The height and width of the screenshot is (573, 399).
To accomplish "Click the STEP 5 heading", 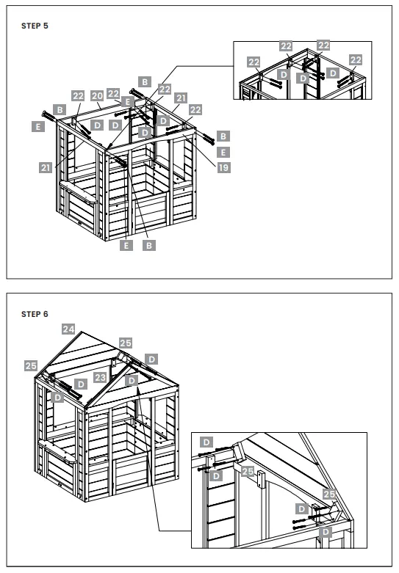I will (35, 25).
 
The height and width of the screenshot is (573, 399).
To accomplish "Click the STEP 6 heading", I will (35, 314).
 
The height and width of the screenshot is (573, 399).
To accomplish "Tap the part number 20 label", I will (97, 95).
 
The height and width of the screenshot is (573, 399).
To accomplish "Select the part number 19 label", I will (223, 167).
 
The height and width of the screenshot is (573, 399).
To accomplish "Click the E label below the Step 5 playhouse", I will (126, 245).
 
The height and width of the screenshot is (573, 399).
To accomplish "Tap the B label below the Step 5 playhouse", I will (149, 245).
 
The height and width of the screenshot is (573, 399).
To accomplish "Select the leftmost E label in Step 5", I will (38, 126).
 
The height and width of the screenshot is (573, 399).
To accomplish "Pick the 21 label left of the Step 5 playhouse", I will (46, 167).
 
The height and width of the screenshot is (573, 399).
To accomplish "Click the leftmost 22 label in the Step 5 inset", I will (254, 62).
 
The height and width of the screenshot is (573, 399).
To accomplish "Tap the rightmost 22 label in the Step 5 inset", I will (356, 59).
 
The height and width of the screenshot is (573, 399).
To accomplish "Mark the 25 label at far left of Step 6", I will (31, 365).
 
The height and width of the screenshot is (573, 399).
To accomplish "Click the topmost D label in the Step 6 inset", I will (206, 442).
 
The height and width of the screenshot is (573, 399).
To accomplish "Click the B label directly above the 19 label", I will (223, 136).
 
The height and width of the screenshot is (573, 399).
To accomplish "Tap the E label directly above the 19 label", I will (223, 152).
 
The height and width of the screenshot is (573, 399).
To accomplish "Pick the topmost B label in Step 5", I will (145, 81).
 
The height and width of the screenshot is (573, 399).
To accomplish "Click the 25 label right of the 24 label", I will (126, 343).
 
